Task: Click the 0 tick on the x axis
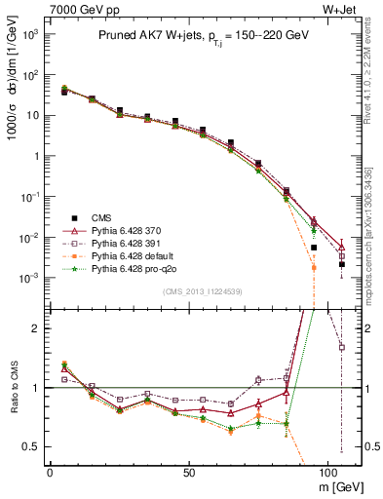pyautogui.click(x=50, y=471)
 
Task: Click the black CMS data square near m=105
pyautogui.click(x=342, y=264)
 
